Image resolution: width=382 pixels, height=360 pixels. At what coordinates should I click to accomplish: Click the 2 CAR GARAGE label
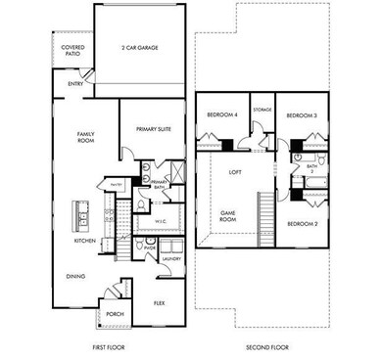(139, 47)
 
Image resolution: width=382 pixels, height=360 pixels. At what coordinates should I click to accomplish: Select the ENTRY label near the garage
(75, 84)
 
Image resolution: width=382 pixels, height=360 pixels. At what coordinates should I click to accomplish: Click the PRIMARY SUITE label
(152, 125)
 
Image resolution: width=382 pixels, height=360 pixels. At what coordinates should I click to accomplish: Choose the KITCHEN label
(84, 240)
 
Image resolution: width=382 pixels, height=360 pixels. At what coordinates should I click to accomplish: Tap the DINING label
(75, 276)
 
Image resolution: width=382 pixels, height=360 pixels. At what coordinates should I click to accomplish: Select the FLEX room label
(158, 303)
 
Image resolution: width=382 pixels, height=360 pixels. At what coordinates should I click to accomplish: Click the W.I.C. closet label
(164, 222)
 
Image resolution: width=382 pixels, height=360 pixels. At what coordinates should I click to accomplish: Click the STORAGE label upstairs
(262, 111)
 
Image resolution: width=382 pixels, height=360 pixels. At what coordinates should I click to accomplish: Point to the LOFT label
(235, 172)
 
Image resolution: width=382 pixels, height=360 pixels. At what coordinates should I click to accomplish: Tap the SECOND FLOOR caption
(263, 348)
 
